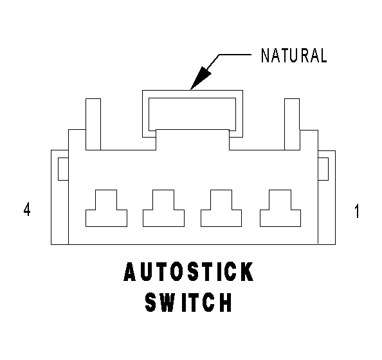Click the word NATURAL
pyautogui.click(x=294, y=55)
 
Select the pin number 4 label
pyautogui.click(x=27, y=209)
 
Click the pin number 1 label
pyautogui.click(x=357, y=211)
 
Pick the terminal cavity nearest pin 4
pyautogui.click(x=106, y=214)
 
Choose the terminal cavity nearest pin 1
pyautogui.click(x=280, y=214)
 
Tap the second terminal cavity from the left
pyautogui.click(x=163, y=214)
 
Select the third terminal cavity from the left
pyautogui.click(x=221, y=214)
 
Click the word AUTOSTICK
pyautogui.click(x=188, y=271)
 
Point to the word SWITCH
pyautogui.click(x=188, y=302)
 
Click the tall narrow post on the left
pyautogui.click(x=93, y=124)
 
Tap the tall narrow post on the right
pyautogui.click(x=292, y=124)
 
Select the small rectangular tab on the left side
pyautogui.click(x=63, y=169)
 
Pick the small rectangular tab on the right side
pyautogui.click(x=323, y=169)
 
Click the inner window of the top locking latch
pyautogui.click(x=192, y=114)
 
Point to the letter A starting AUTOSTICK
pyautogui.click(x=130, y=271)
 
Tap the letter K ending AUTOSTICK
pyautogui.click(x=248, y=271)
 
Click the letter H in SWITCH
pyautogui.click(x=226, y=302)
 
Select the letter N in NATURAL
pyautogui.click(x=265, y=55)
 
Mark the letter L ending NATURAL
pyautogui.click(x=323, y=55)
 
